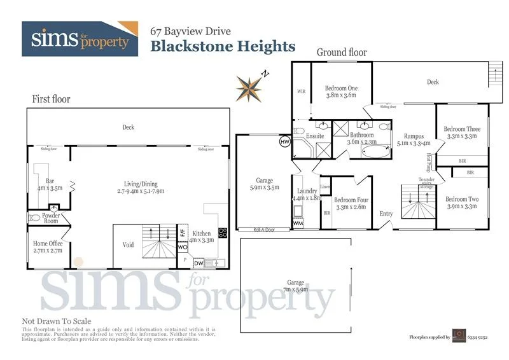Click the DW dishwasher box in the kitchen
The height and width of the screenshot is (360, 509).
[199, 262]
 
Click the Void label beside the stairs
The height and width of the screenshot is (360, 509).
[127, 245]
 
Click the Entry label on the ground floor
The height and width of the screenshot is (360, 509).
[386, 214]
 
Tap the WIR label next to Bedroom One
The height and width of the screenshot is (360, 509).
[302, 92]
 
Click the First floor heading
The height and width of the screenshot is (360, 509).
[51, 99]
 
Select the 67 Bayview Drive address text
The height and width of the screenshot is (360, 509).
[190, 31]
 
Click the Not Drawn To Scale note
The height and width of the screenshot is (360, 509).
[57, 321]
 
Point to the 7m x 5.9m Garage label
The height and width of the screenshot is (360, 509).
[295, 286]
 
